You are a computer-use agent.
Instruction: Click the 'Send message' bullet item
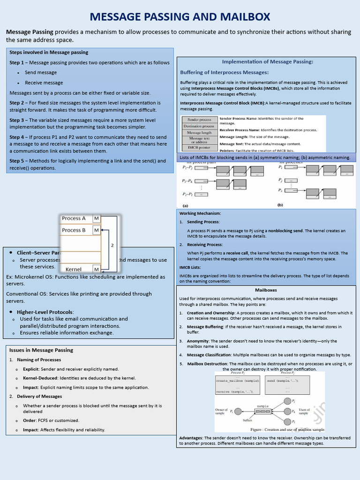click(41, 73)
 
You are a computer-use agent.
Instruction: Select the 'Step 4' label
click(18, 137)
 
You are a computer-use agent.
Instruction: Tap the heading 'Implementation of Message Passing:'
click(267, 61)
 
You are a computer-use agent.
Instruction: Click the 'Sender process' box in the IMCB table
click(198, 120)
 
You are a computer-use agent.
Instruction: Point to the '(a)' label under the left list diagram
click(185, 205)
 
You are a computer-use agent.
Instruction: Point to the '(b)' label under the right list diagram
click(280, 205)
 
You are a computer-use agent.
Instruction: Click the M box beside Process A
click(96, 218)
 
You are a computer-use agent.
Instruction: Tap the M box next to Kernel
click(96, 270)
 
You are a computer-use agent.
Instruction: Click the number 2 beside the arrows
click(112, 245)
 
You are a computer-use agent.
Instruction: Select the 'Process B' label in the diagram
click(74, 230)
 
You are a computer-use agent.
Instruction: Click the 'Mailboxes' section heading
click(266, 290)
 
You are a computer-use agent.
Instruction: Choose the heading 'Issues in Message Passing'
click(41, 350)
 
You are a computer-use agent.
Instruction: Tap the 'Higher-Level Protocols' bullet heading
click(45, 312)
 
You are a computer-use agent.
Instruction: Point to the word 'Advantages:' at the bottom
click(191, 438)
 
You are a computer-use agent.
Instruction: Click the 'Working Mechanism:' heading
click(200, 213)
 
